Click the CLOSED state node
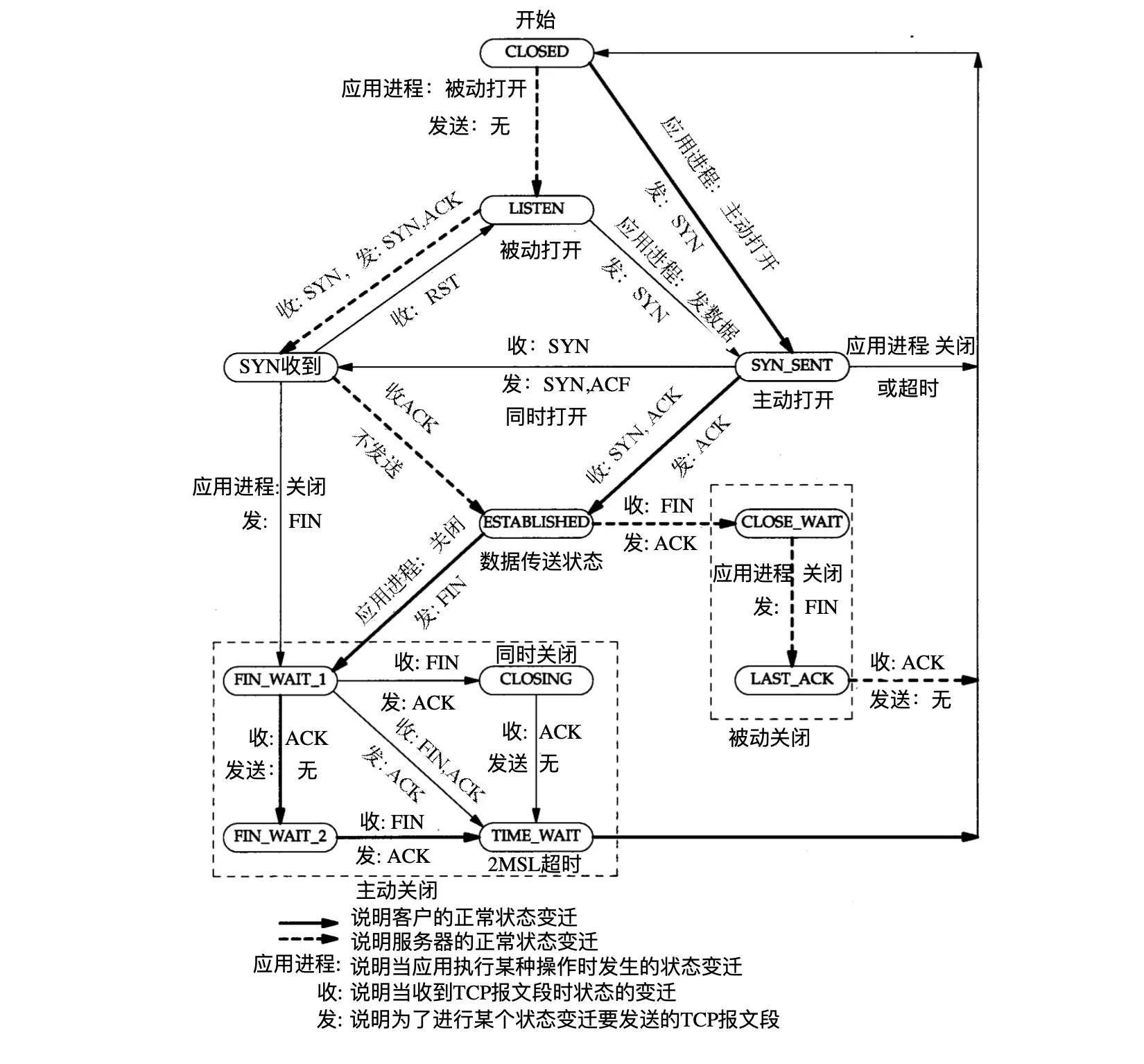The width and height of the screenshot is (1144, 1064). tap(537, 52)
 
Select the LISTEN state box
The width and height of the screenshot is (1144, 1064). tap(537, 209)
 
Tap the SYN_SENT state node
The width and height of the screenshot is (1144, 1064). tap(791, 366)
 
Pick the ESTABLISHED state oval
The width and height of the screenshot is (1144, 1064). tap(536, 522)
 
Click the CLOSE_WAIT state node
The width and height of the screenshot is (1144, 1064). tap(791, 522)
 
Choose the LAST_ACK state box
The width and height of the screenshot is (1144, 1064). tap(791, 679)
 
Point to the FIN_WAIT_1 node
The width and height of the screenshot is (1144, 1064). tap(280, 679)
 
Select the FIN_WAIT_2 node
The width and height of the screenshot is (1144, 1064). tap(280, 836)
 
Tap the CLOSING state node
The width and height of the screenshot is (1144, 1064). tap(536, 679)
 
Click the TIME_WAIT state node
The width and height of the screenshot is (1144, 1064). tap(536, 836)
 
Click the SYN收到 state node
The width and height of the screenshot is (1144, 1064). tap(281, 366)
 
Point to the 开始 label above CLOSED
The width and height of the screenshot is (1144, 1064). tap(535, 20)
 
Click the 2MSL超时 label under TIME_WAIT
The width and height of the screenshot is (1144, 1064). tap(535, 864)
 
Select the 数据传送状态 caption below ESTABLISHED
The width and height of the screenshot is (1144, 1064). tap(541, 561)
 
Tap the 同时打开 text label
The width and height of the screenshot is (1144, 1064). tap(546, 417)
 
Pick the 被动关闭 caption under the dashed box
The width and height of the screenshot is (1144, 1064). tap(769, 737)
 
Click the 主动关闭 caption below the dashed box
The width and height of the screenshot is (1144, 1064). tap(397, 890)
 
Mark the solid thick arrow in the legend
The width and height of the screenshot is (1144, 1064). tap(309, 923)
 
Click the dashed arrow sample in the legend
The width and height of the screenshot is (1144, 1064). tap(309, 941)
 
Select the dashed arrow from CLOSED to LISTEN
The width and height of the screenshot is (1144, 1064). tap(537, 132)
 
